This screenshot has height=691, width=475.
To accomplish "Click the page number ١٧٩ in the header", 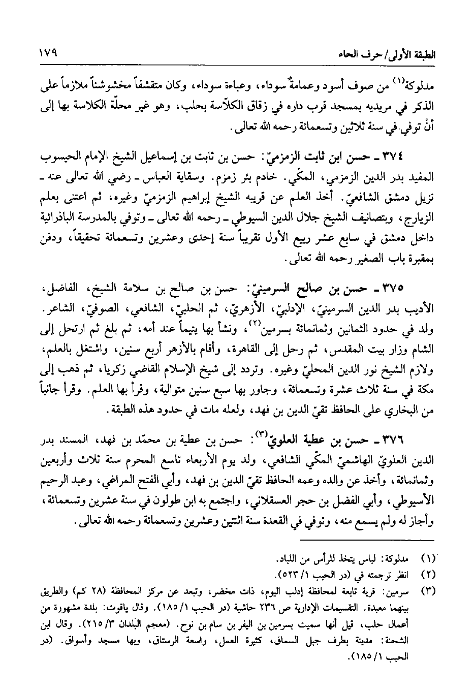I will point(47,52).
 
